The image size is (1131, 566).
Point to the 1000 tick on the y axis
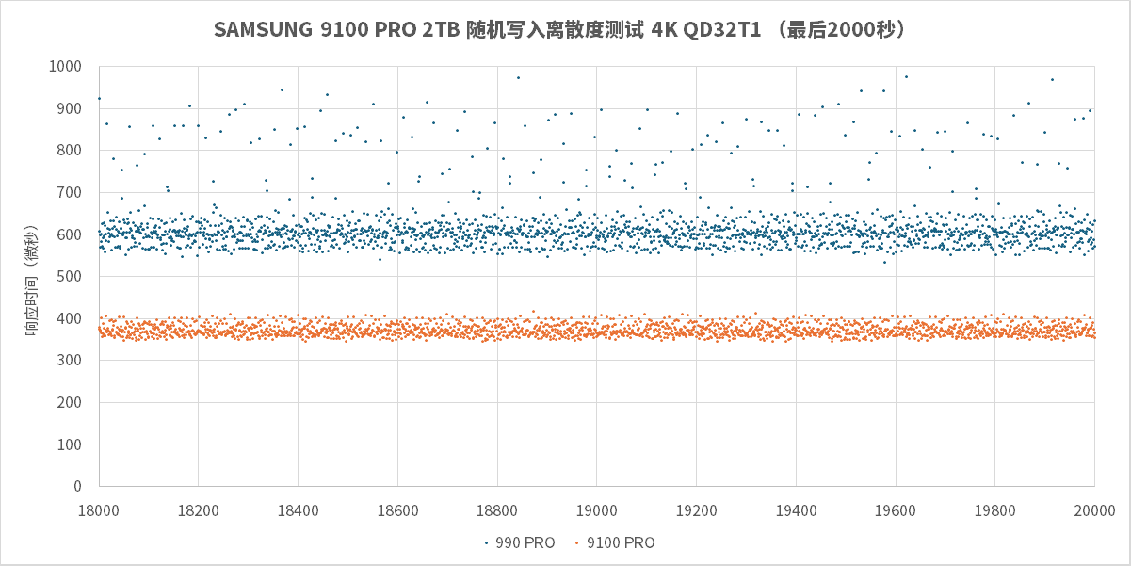click(72, 67)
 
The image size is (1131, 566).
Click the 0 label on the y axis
click(83, 487)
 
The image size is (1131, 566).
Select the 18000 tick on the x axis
click(99, 509)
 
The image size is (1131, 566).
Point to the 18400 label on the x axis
click(298, 509)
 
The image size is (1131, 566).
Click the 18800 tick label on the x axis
click(497, 509)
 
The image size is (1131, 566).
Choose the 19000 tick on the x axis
click(597, 509)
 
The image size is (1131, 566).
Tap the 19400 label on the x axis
click(796, 509)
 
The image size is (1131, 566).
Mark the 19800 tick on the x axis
click(994, 509)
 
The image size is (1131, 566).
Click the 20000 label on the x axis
click(1094, 509)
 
